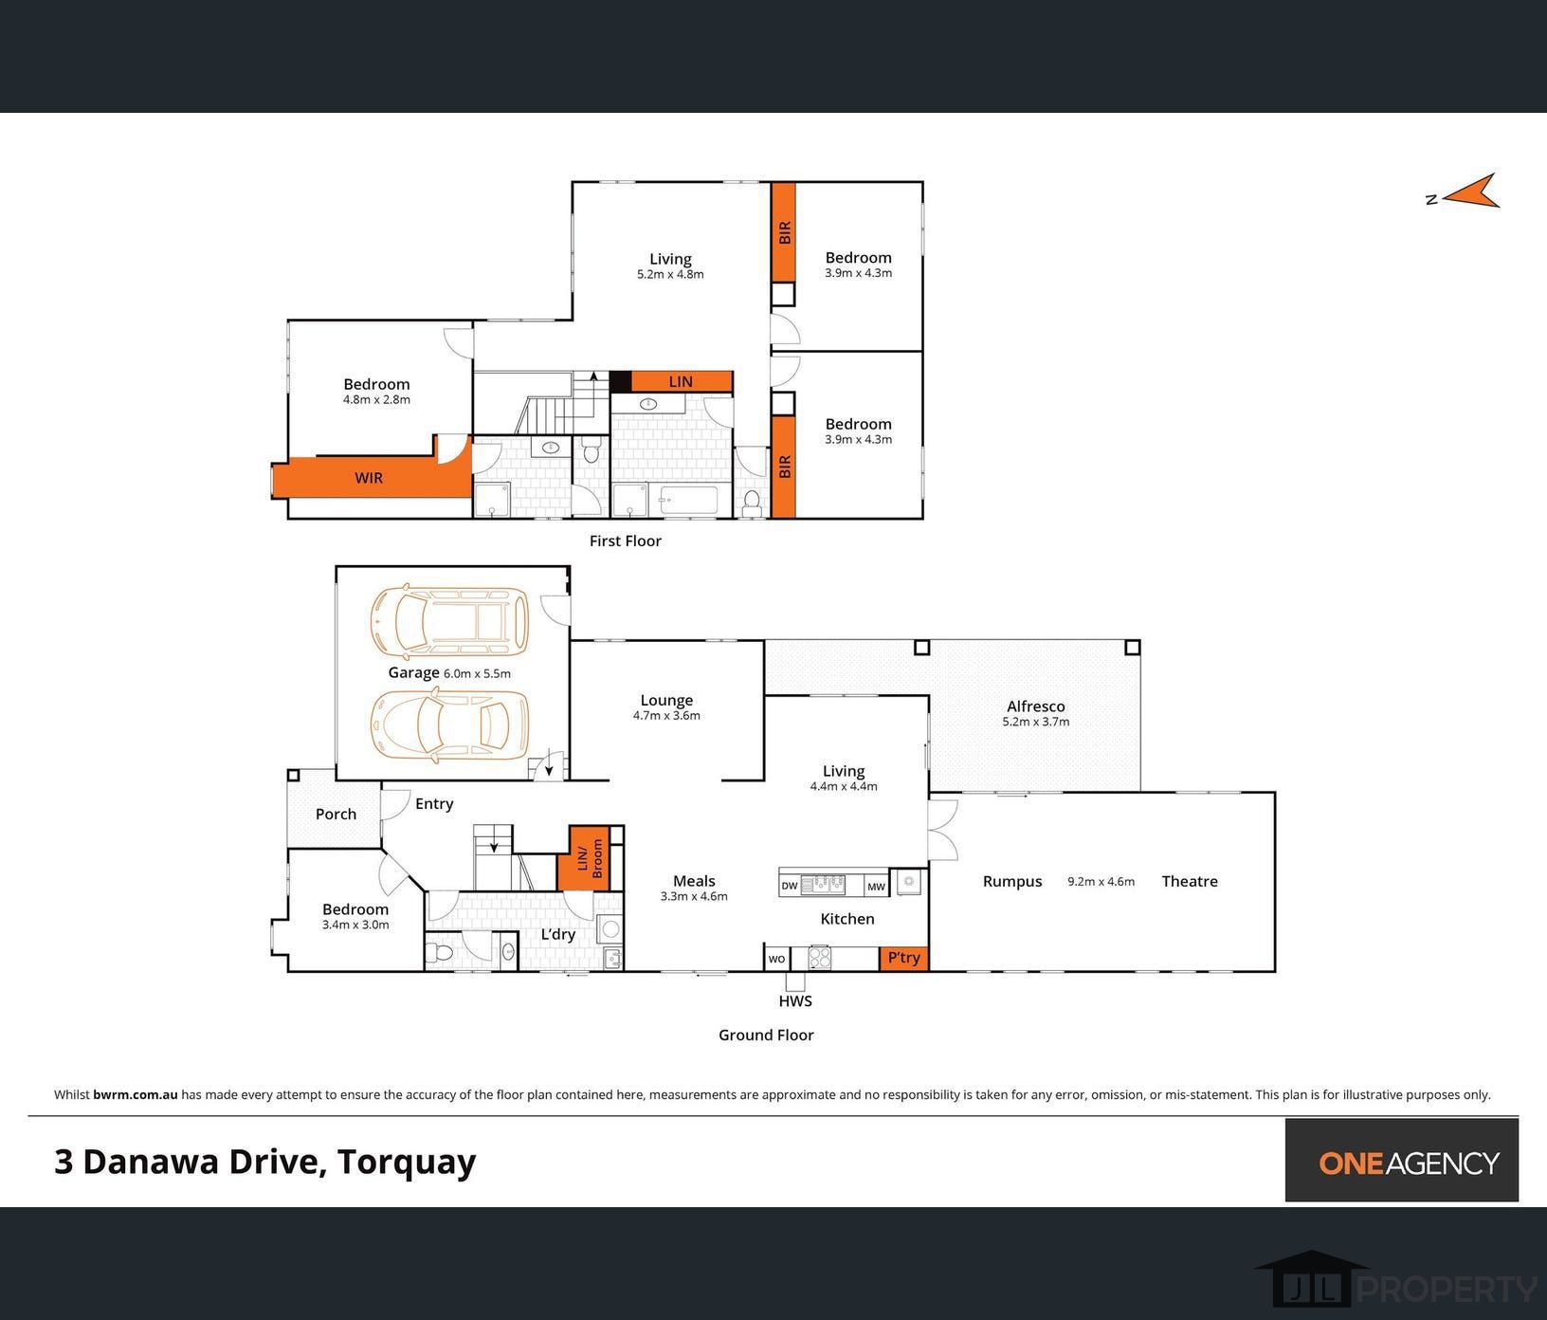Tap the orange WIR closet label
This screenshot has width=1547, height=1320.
click(x=369, y=478)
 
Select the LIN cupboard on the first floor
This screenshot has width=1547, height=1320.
click(x=681, y=381)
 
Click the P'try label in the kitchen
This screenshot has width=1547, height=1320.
click(x=903, y=958)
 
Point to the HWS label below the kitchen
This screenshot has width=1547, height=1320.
click(x=795, y=1001)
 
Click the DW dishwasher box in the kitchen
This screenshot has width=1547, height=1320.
click(x=789, y=887)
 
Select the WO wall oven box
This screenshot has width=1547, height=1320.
click(x=776, y=959)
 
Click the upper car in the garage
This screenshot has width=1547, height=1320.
click(x=449, y=621)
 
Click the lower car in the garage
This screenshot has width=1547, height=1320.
click(x=449, y=725)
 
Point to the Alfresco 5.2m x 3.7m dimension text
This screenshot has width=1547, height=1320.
click(x=1035, y=722)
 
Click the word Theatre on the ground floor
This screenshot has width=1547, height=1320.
click(x=1190, y=881)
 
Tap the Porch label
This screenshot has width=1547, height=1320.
click(x=336, y=815)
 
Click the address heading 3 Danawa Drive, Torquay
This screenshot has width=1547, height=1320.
click(x=265, y=1162)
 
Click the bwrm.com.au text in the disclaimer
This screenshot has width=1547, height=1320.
click(x=135, y=1094)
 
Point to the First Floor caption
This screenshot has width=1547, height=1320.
click(x=625, y=541)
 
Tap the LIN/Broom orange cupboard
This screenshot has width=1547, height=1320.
click(x=591, y=858)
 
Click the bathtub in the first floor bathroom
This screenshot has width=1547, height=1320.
click(x=690, y=499)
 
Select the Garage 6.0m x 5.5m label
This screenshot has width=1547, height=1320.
click(x=448, y=673)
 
